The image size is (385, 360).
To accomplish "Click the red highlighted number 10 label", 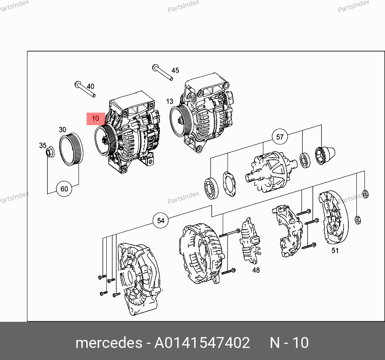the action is [x=95, y=119].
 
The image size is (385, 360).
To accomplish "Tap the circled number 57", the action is [x=279, y=137].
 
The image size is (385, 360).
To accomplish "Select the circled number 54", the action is [x=161, y=220].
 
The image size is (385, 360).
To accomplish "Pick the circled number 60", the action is [x=64, y=189].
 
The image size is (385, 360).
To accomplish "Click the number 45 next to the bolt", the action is [x=175, y=70].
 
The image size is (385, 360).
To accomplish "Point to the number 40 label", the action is [x=90, y=86].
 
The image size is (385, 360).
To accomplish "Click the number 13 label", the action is [x=170, y=101].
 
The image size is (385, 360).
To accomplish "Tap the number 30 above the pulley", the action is [x=62, y=130].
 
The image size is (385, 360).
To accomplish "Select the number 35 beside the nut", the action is [x=43, y=146].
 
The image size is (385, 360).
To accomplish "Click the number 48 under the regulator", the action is [x=256, y=270].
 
